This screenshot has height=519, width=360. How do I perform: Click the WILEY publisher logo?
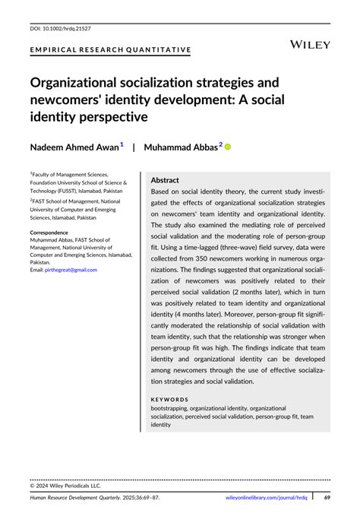click(311, 45)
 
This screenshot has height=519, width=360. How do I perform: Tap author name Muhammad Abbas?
click(181, 147)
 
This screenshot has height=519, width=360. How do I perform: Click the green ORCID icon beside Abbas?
click(226, 147)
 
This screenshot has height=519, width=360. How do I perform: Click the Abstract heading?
click(165, 180)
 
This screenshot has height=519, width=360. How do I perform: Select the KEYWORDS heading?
click(169, 398)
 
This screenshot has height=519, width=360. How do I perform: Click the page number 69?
click(327, 498)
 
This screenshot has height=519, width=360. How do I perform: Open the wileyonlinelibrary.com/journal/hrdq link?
click(267, 498)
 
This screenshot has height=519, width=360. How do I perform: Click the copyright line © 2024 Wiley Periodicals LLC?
click(65, 485)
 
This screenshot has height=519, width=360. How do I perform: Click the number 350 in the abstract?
click(214, 268)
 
